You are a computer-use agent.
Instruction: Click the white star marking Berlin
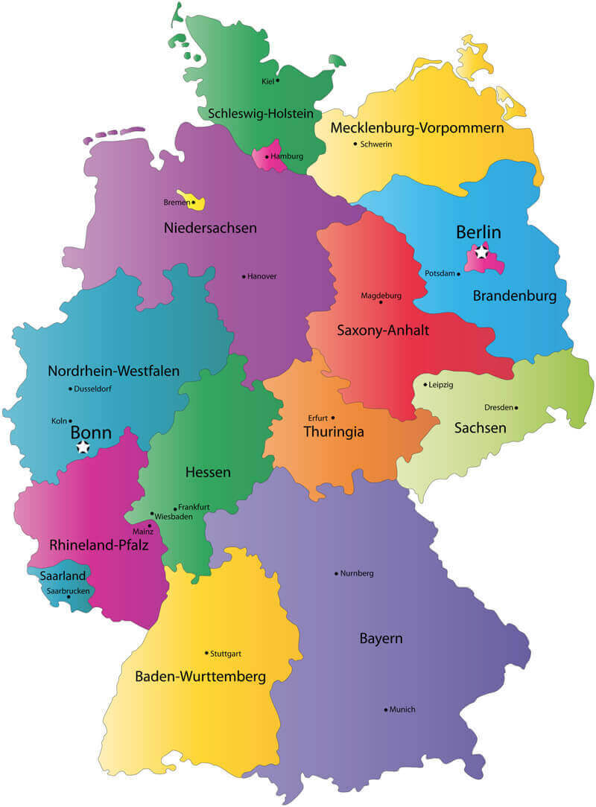[x=482, y=252]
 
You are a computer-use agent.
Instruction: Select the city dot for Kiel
[x=278, y=80]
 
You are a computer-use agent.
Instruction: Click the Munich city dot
[x=386, y=709]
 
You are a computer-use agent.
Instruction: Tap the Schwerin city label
[x=375, y=144]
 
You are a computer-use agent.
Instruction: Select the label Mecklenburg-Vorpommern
[x=416, y=128]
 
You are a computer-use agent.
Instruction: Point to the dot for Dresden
[x=516, y=407]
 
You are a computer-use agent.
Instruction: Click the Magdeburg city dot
[x=381, y=302]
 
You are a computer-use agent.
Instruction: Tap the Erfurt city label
[x=317, y=418]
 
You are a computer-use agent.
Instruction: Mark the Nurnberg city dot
[x=336, y=573]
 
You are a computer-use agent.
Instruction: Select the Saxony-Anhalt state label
[x=382, y=330]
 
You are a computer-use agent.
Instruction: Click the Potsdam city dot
[x=459, y=274]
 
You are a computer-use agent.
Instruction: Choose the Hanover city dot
[x=244, y=276]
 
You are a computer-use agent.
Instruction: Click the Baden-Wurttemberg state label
[x=200, y=677]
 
